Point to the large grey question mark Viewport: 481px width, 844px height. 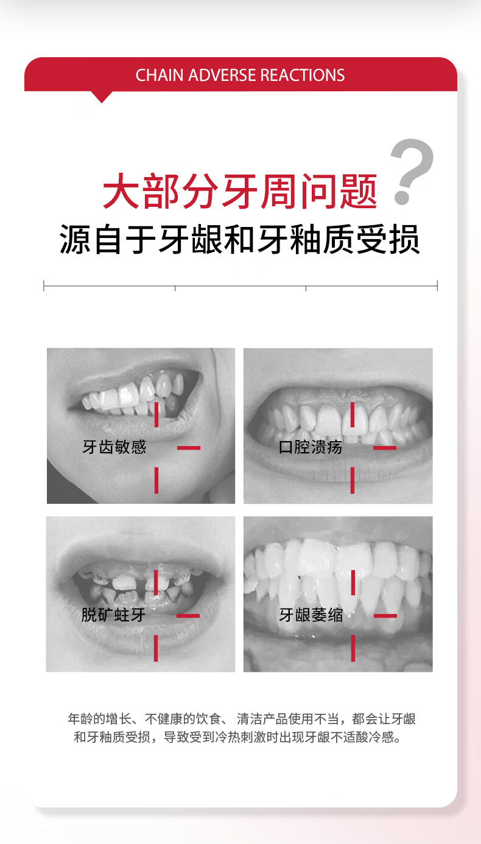tap(412, 172)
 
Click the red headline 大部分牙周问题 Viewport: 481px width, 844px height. tap(240, 191)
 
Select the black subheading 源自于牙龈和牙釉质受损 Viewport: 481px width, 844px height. tap(240, 239)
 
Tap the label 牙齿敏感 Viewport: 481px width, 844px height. tap(114, 447)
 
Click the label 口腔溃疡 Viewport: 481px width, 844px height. tap(311, 447)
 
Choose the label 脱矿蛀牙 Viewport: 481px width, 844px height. tap(113, 615)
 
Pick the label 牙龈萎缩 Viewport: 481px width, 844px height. tap(311, 615)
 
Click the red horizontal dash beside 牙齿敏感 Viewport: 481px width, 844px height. tap(189, 448)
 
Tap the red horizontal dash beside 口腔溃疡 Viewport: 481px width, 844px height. tap(385, 448)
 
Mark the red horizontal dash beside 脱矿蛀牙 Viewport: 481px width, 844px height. tap(188, 616)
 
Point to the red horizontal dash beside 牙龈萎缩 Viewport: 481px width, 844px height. tap(385, 616)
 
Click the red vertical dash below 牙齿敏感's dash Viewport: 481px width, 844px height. tap(156, 480)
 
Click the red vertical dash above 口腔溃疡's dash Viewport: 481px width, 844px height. tap(353, 414)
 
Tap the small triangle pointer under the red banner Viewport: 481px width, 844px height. tap(102, 97)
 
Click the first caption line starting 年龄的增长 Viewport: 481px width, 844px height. tap(242, 719)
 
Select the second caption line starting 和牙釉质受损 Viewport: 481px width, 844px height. tap(237, 737)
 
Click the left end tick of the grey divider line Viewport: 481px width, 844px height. tap(44, 285)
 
